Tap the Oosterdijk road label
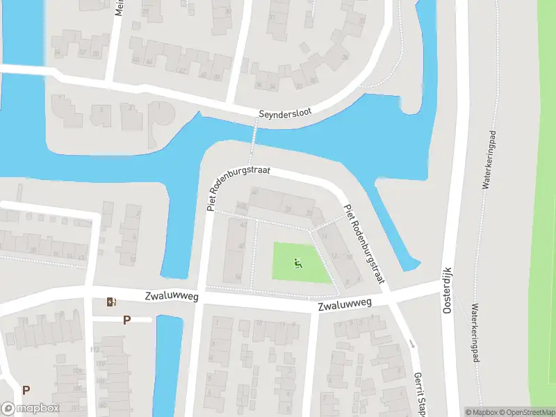(448, 289)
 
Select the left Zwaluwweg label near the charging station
(172, 297)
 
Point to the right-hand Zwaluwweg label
(345, 304)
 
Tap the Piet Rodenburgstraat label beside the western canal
(238, 188)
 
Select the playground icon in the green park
(298, 263)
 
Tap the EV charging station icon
(111, 302)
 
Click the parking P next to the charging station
(126, 320)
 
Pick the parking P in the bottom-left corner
(26, 390)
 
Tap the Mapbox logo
(30, 409)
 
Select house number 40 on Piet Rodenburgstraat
(255, 193)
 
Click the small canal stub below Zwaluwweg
(167, 365)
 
